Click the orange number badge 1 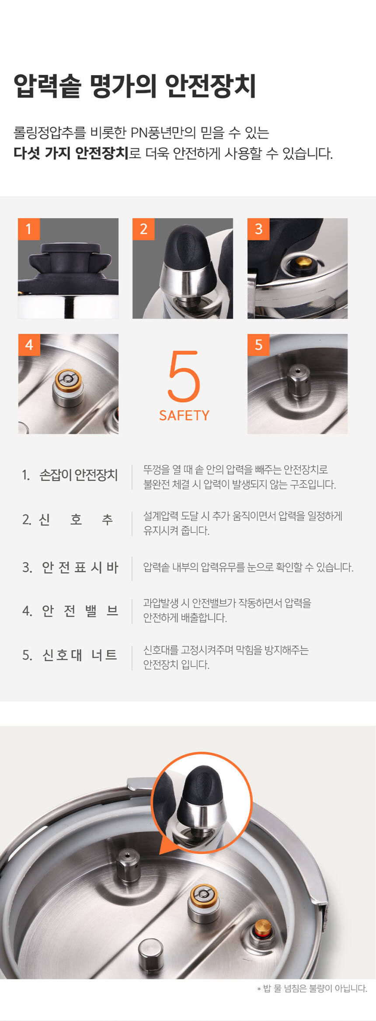pyautogui.click(x=29, y=229)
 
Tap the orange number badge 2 pyautogui.click(x=143, y=229)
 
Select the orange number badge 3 pyautogui.click(x=258, y=229)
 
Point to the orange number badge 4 pyautogui.click(x=29, y=345)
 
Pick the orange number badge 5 pyautogui.click(x=258, y=345)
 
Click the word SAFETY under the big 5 pyautogui.click(x=184, y=415)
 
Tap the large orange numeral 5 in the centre pyautogui.click(x=184, y=377)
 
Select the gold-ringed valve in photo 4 pyautogui.click(x=68, y=387)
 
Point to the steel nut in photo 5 pyautogui.click(x=298, y=381)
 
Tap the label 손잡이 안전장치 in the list pyautogui.click(x=79, y=475)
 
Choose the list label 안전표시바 pyautogui.click(x=80, y=567)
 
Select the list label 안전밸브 pyautogui.click(x=80, y=610)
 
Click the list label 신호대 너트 pyautogui.click(x=80, y=655)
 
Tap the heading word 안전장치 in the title pyautogui.click(x=211, y=86)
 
